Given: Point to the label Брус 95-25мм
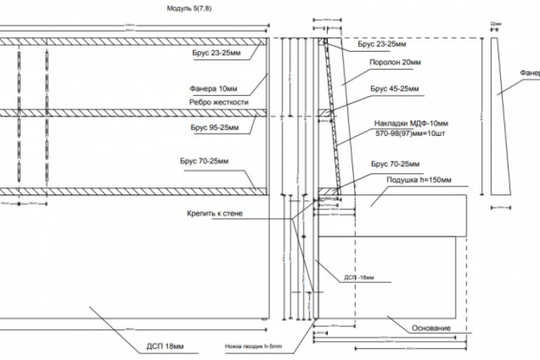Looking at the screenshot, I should click(x=212, y=128).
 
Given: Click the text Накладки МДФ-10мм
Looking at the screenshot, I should click(x=411, y=123).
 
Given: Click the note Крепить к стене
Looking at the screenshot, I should click(x=215, y=213).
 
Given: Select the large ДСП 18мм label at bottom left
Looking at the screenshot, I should click(x=164, y=346).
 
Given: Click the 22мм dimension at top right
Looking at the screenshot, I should click(x=496, y=24).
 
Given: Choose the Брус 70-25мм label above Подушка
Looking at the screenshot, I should click(x=395, y=163).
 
